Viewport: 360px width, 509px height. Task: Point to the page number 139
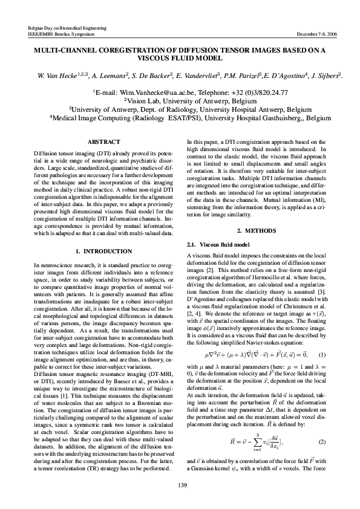(180, 485)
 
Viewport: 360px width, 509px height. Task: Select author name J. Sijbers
(326, 76)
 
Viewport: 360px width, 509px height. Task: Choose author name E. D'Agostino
(279, 76)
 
